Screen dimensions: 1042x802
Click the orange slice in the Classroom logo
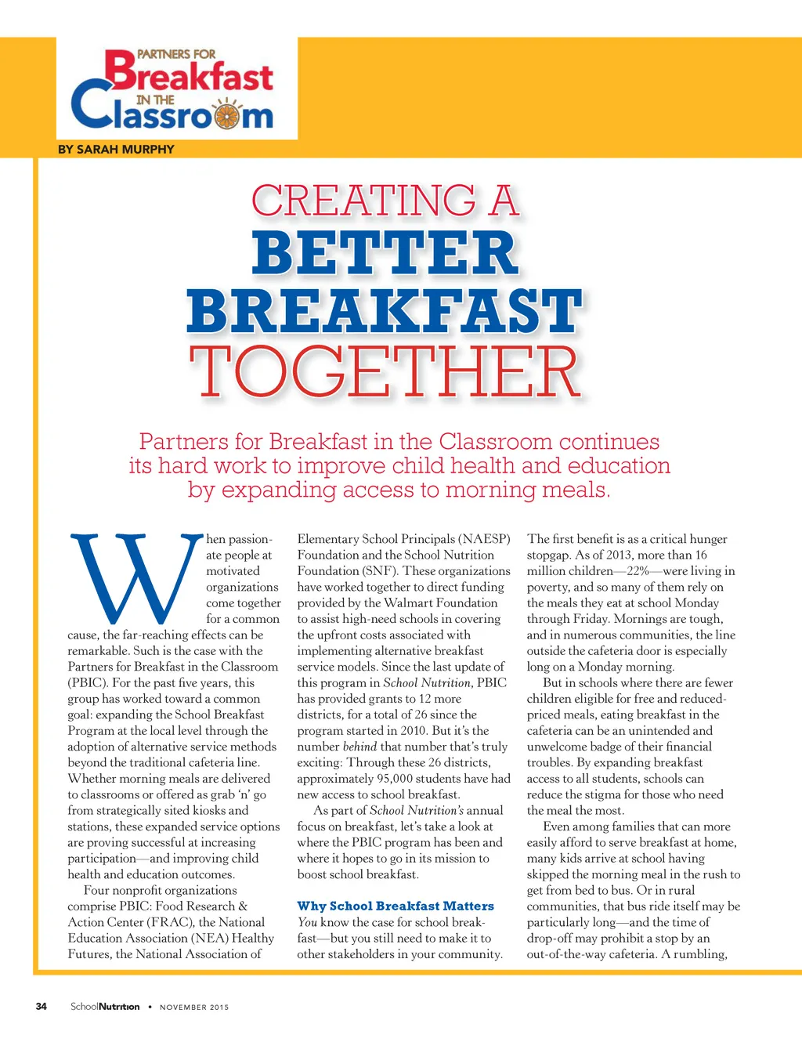point(227,116)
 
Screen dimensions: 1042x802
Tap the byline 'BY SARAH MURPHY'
point(116,149)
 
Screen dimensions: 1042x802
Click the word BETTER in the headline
point(385,253)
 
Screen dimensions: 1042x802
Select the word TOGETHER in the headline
point(385,371)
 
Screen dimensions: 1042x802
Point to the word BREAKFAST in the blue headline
point(385,311)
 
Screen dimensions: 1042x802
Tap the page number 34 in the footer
point(42,1007)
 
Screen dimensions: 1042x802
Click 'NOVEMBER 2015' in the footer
point(194,1008)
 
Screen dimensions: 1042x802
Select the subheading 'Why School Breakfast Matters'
point(396,906)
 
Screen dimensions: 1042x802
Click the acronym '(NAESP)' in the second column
point(484,539)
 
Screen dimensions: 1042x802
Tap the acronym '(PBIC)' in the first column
point(88,682)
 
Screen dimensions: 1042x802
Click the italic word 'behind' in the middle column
point(359,747)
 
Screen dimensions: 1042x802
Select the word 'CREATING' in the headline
point(363,201)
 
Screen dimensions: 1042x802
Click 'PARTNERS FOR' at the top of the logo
point(176,54)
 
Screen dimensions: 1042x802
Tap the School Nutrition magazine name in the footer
point(105,1007)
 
